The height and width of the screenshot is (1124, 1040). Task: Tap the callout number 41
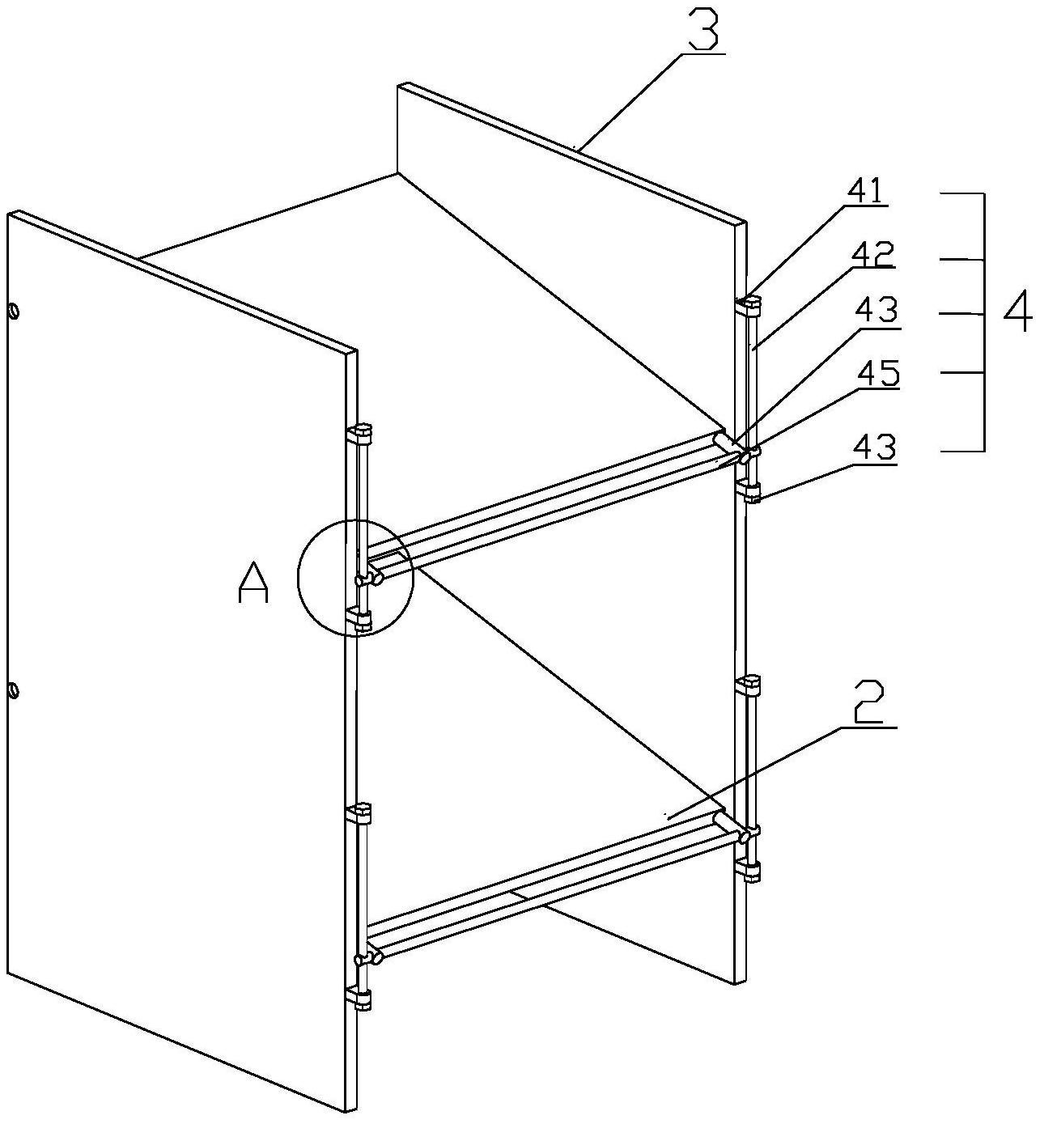click(867, 192)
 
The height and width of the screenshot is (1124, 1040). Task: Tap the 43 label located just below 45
click(877, 447)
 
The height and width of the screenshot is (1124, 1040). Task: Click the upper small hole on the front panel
click(13, 311)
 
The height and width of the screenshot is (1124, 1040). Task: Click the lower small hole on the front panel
click(13, 691)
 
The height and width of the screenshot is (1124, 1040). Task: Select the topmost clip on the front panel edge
click(361, 433)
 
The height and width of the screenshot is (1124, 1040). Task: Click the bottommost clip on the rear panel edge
click(749, 871)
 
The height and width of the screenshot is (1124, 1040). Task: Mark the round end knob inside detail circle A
click(376, 578)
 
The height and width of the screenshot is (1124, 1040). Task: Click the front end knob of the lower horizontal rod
click(376, 957)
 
